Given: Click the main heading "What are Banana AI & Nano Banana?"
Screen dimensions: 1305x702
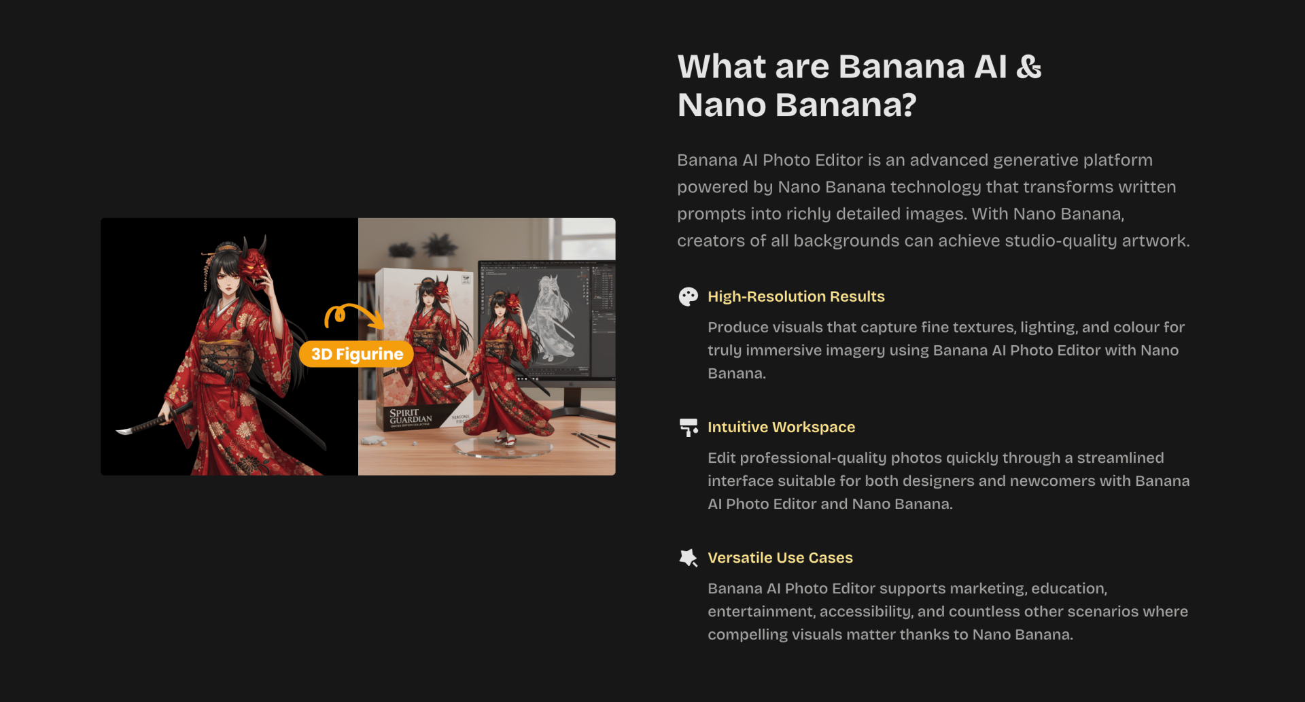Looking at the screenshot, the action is coord(859,86).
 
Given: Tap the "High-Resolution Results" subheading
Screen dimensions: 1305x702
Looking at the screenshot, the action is coord(796,296).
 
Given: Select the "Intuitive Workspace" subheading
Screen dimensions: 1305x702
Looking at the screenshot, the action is coord(781,427).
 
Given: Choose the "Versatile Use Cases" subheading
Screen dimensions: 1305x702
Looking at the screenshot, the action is coord(780,557).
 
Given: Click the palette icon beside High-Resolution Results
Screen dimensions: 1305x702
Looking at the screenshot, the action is coord(689,296).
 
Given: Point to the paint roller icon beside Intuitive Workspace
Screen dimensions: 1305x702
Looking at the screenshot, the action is coord(689,427).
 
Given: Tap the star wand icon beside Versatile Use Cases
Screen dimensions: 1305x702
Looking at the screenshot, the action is coord(689,557).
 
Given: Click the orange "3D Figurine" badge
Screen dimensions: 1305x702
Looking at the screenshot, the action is coord(357,353).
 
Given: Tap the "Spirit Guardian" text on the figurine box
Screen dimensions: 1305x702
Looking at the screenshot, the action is coord(410,416).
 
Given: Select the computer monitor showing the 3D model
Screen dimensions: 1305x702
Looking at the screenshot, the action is coord(547,319).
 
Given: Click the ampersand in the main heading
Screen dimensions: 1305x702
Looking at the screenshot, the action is coord(1029,67).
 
